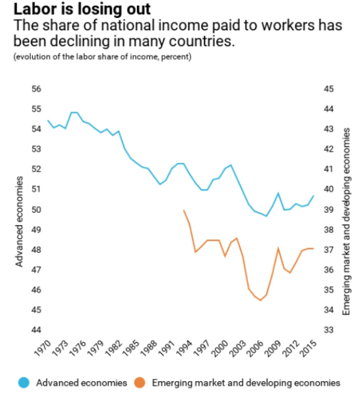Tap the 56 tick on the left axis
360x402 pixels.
tap(37, 89)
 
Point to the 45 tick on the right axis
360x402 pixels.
tap(329, 89)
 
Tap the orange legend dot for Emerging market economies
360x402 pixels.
tap(140, 383)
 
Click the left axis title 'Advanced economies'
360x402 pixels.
tap(19, 221)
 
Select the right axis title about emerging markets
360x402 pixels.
tap(346, 221)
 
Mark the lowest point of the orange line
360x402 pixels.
tap(261, 300)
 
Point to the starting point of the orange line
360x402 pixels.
tap(184, 210)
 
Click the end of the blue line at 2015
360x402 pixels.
tap(313, 195)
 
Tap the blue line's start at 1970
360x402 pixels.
tap(48, 121)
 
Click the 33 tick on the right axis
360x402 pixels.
tap(329, 330)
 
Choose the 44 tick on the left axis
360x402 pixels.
tap(37, 330)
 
